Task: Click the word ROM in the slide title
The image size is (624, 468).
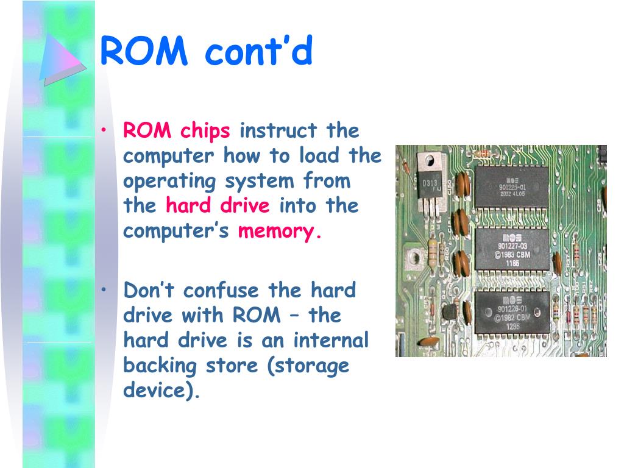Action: [144, 51]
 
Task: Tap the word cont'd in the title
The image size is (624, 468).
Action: [258, 51]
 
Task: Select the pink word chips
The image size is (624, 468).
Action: [205, 130]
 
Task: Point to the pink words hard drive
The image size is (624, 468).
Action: [218, 206]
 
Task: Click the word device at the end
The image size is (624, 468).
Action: [160, 391]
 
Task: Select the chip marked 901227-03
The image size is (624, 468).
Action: [512, 249]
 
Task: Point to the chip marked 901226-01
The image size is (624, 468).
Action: [512, 312]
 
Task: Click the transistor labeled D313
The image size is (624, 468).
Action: [430, 183]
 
